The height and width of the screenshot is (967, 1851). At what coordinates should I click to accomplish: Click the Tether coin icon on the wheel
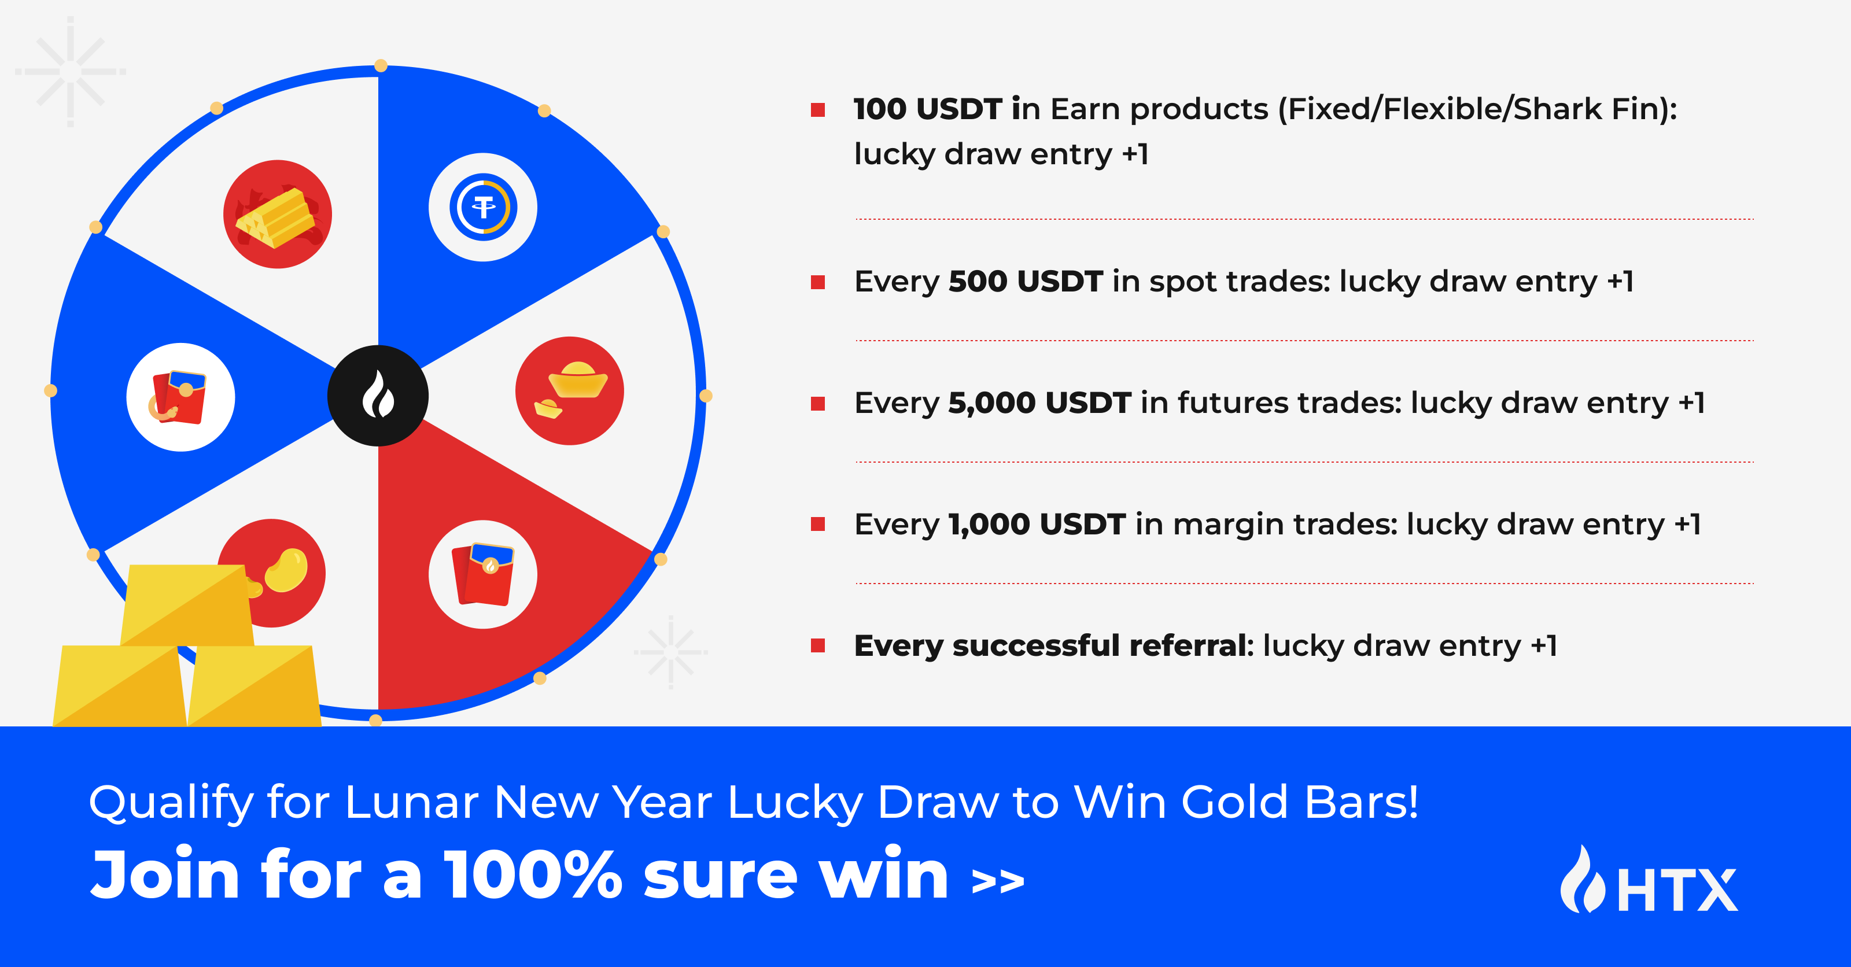[x=483, y=207]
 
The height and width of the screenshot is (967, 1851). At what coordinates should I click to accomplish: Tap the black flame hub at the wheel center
[x=378, y=396]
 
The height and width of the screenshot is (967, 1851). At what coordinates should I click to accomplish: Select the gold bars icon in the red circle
[x=278, y=214]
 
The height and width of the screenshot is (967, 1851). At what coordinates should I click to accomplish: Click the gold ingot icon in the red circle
[x=570, y=391]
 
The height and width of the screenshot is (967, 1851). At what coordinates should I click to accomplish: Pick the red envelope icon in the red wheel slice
[x=483, y=574]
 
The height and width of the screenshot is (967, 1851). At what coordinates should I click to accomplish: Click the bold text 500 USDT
[x=1026, y=281]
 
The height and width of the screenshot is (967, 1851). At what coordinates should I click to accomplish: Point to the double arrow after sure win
[x=998, y=882]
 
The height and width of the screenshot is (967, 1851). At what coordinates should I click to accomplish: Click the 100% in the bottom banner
[x=532, y=874]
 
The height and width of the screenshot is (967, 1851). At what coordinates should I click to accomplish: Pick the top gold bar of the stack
[x=187, y=605]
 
